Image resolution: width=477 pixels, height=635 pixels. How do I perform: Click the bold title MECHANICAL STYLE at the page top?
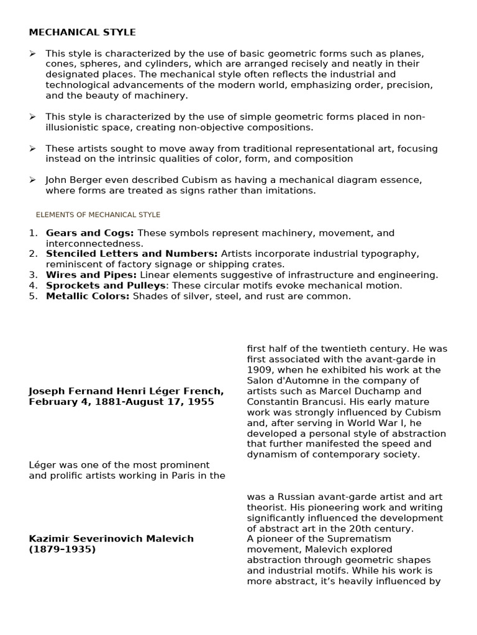click(82, 32)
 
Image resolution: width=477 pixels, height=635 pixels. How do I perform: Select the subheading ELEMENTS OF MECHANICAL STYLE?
click(98, 215)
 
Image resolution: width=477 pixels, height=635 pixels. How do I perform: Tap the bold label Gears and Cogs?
click(89, 233)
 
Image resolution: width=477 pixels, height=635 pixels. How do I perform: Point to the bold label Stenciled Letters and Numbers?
click(132, 254)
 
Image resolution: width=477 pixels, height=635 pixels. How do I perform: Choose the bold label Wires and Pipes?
click(91, 275)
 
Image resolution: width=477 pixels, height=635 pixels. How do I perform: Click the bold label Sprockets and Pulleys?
click(106, 285)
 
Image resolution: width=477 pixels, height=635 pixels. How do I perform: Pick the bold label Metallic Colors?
click(88, 296)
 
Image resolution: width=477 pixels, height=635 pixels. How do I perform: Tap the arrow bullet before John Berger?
click(32, 180)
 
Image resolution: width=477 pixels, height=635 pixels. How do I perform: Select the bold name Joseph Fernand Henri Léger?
click(107, 391)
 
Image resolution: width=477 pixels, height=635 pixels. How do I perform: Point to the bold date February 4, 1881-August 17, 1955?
click(121, 402)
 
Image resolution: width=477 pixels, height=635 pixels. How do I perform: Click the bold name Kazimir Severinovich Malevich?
click(111, 538)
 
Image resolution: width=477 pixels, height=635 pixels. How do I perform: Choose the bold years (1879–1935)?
click(62, 549)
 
